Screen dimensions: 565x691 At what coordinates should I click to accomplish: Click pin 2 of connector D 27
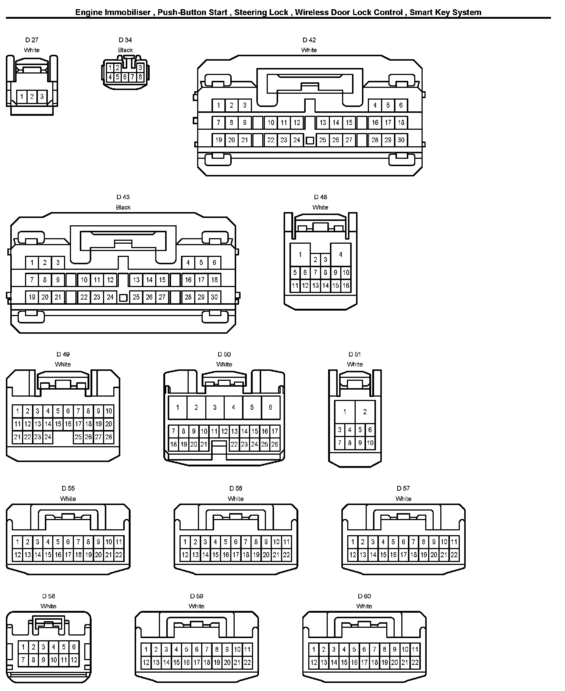coord(32,97)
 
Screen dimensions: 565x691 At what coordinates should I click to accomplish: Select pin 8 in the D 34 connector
coord(140,77)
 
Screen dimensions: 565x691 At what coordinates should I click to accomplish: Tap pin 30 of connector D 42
coord(401,140)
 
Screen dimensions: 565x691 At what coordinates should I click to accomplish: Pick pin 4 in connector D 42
coord(375,105)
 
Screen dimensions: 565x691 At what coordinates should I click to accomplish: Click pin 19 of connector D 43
coord(32,297)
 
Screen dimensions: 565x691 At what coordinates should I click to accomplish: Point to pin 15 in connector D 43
coord(162,280)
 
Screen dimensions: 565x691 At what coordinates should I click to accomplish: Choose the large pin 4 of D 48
coord(341,254)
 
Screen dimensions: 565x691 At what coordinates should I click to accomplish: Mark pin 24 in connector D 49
coord(48,437)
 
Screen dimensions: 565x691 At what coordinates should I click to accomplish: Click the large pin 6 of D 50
coord(270,407)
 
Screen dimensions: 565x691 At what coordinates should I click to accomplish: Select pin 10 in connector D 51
coord(370,443)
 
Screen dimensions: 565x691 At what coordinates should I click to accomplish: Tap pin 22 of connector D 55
coord(119,555)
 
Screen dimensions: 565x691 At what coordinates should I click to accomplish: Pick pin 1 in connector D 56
coord(185,542)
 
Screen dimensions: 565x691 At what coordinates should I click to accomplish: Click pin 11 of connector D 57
coord(454,542)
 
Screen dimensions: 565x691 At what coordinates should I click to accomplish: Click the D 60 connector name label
coord(364,596)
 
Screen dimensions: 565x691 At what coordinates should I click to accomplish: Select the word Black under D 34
coord(125,50)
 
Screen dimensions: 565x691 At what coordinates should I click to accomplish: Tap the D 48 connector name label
coord(320,197)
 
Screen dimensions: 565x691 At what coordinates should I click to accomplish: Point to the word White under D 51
coord(355,364)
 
